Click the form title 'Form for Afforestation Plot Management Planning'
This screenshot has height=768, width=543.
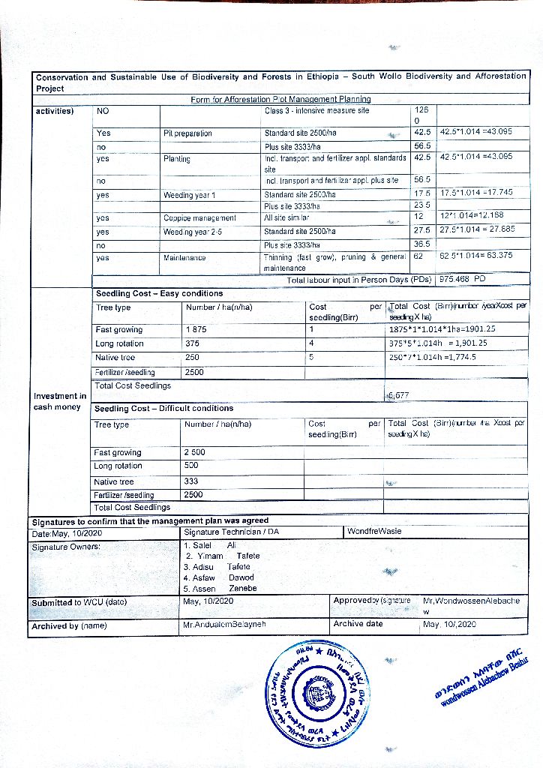pos(280,99)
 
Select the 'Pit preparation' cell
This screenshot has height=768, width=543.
pos(187,133)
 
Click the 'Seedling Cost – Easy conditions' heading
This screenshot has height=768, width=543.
pos(159,293)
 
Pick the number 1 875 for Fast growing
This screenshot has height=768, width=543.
pos(196,330)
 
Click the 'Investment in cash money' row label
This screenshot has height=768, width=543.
pos(59,401)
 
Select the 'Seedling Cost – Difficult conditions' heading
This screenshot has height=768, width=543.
pos(163,409)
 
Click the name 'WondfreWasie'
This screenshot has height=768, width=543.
pos(374,532)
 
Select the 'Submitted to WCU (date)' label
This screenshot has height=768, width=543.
pos(79,602)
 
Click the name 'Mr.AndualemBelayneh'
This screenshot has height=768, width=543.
pos(223,625)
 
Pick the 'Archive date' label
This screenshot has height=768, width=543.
pos(358,624)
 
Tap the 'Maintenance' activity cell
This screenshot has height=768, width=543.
pos(185,258)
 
